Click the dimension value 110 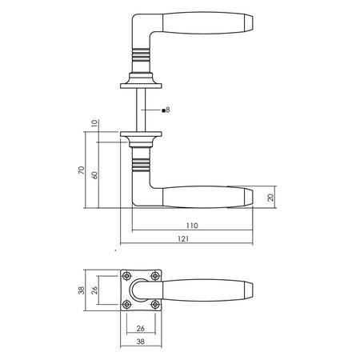192,226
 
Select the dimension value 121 183,239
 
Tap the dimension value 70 82,170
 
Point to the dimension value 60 94,175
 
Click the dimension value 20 270,198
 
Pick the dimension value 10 94,123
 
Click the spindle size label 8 168,110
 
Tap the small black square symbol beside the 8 163,110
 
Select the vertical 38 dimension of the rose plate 82,290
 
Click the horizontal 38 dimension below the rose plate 141,342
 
